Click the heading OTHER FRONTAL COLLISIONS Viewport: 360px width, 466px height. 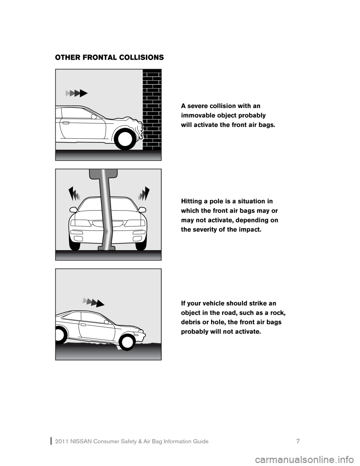tap(109, 58)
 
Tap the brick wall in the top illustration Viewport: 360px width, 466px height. tap(152, 109)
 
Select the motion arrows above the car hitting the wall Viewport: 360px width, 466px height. tap(76, 93)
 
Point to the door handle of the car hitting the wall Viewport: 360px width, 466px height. tap(66, 123)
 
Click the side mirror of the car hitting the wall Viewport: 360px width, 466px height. tap(94, 117)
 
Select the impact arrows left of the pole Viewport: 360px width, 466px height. tap(74, 194)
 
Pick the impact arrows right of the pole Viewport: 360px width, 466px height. tap(144, 194)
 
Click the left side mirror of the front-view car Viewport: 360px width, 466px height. tap(73, 209)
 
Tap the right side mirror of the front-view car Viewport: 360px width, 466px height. tap(142, 209)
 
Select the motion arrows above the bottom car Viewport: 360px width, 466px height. tap(93, 302)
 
